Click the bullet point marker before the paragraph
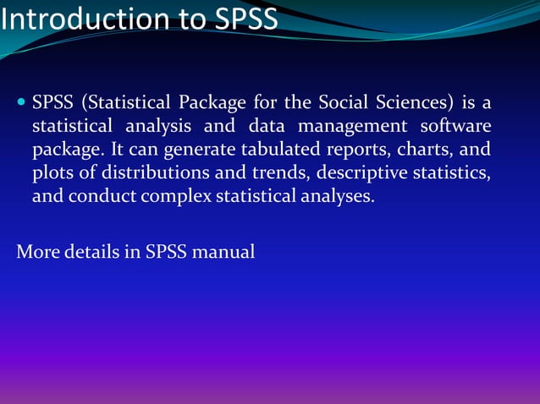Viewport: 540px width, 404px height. coord(21,104)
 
